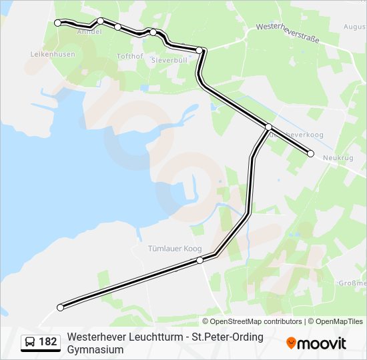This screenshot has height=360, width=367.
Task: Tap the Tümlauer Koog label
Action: point(174,249)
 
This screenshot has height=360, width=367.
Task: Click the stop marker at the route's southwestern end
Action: point(61,307)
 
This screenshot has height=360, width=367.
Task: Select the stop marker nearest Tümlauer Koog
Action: point(200,260)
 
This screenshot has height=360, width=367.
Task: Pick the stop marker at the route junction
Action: point(268,127)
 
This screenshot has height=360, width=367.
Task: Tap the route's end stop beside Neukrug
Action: point(310,153)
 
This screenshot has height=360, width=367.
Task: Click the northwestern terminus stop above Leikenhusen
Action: point(57,23)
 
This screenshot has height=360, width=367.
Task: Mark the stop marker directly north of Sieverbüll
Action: point(200,50)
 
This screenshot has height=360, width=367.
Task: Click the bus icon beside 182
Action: point(30,342)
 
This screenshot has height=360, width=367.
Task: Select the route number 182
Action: point(48,342)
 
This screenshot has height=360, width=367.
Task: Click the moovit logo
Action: point(316,343)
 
